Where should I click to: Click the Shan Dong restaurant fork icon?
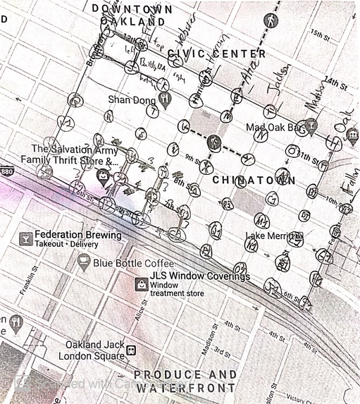point(164,99)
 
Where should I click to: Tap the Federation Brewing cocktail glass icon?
point(25,238)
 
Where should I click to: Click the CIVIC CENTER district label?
point(216,54)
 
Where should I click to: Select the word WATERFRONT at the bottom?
point(185,388)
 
